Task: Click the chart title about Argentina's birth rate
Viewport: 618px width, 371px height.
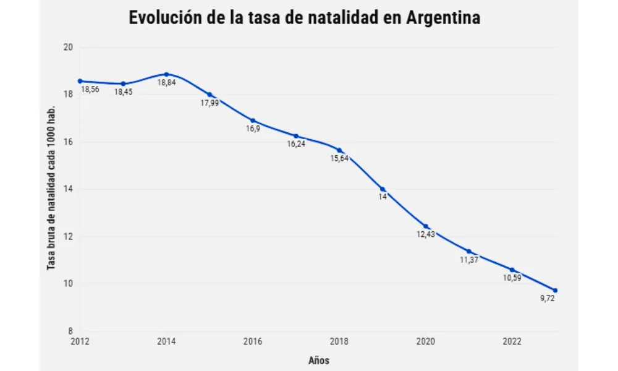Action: (304, 18)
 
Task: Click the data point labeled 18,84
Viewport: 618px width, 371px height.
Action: (166, 74)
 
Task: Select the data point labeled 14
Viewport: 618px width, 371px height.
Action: (383, 189)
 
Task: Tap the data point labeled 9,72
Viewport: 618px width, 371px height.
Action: (555, 291)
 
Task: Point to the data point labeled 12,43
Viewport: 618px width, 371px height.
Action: (426, 226)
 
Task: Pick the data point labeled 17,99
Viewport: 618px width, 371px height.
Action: (210, 95)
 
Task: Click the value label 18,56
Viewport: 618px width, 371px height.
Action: (90, 90)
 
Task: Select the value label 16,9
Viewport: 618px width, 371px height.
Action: (253, 129)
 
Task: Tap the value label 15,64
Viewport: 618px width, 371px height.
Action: (339, 158)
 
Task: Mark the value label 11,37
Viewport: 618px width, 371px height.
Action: (468, 260)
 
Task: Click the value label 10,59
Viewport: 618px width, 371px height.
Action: (512, 278)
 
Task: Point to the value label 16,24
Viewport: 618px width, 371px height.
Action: (296, 144)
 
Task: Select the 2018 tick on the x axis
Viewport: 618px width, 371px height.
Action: (339, 341)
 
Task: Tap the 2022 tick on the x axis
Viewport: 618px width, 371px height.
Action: (512, 341)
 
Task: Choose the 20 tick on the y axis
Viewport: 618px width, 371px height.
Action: (69, 48)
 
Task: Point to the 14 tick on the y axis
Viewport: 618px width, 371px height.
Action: (69, 189)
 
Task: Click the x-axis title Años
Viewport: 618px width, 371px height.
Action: (318, 360)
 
